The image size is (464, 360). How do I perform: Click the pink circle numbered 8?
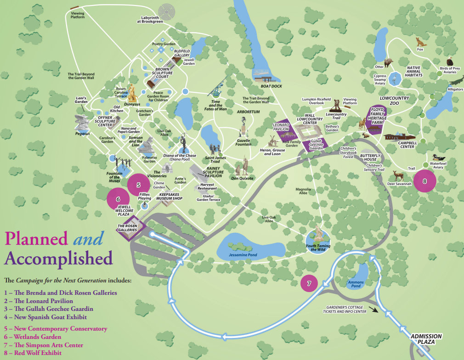425,181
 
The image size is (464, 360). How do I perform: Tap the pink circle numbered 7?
309,283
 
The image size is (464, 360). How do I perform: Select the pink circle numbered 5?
138,184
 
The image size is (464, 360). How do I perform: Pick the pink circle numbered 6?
118,199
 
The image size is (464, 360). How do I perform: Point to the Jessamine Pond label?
243,254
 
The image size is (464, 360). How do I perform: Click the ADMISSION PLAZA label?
426,339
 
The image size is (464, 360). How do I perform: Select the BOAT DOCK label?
271,86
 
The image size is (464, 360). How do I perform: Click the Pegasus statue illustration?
84,123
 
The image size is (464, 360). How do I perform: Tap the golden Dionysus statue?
132,92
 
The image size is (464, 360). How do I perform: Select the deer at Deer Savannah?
396,176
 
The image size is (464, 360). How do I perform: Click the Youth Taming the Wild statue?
318,235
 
